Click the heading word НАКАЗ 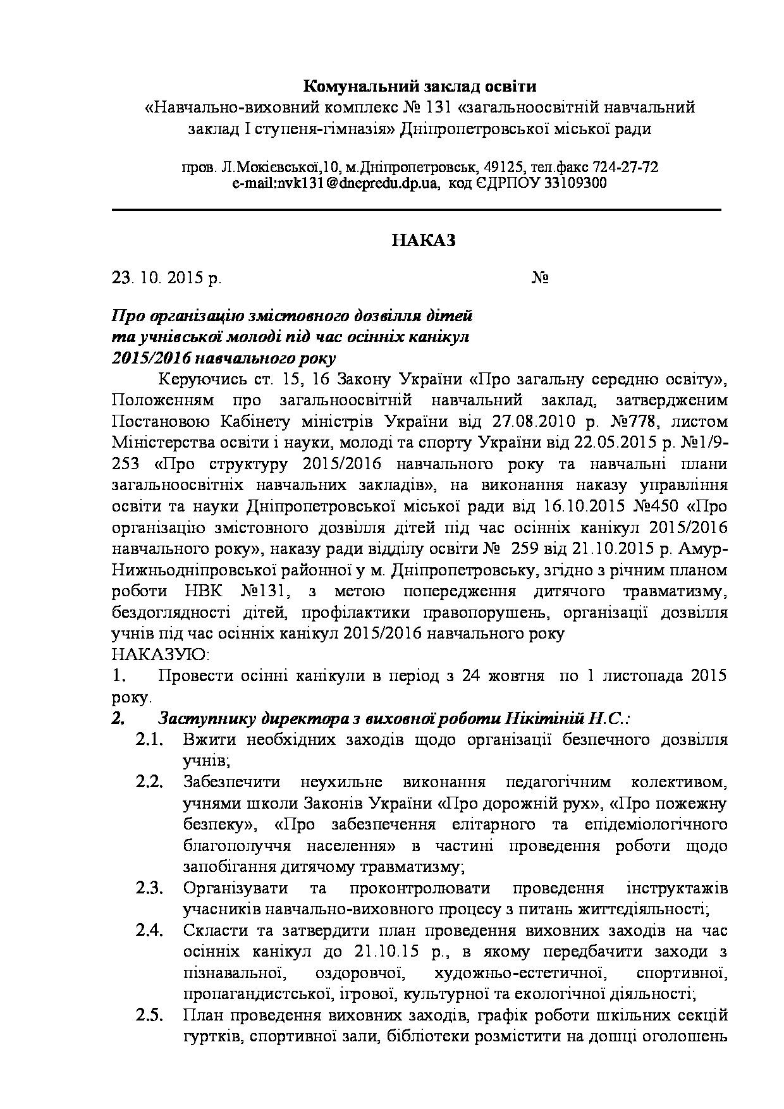point(423,241)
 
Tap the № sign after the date point(539,278)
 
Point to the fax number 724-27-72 point(625,168)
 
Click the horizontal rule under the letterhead point(417,209)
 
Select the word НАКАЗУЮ point(161,654)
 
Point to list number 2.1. point(149,740)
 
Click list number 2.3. point(149,888)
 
